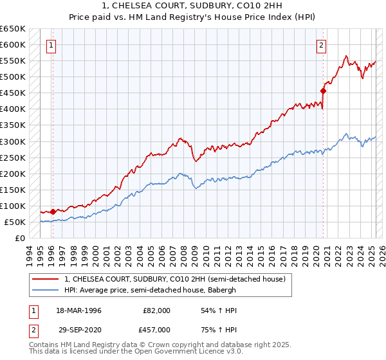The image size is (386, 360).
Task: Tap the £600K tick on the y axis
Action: (x=12, y=45)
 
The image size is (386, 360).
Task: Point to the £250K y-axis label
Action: (x=12, y=157)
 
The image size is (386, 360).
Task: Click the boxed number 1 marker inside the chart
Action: (x=51, y=45)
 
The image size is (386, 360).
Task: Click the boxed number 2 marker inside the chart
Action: (x=321, y=45)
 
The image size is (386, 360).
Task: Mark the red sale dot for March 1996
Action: (x=53, y=211)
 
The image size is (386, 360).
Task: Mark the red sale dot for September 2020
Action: (x=323, y=91)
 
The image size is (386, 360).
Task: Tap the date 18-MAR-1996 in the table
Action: (x=79, y=310)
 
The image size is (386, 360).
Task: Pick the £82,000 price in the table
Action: (x=156, y=310)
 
